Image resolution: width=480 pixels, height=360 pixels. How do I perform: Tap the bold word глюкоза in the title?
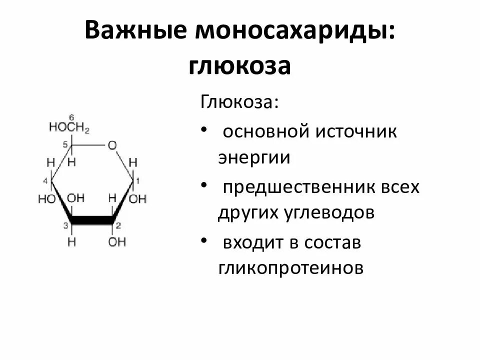[239, 66]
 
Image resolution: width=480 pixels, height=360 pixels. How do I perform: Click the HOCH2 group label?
[69, 128]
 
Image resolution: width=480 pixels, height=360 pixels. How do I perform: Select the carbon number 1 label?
[139, 180]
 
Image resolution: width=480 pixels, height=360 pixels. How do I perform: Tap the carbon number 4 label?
[45, 180]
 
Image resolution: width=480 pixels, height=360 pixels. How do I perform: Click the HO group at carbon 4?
[46, 199]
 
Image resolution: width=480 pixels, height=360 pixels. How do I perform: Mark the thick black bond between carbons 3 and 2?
[93, 220]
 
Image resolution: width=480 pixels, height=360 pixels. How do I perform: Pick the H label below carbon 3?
[72, 242]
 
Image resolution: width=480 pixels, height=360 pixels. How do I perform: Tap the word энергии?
[254, 158]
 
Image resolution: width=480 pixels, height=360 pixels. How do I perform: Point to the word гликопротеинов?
[290, 268]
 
